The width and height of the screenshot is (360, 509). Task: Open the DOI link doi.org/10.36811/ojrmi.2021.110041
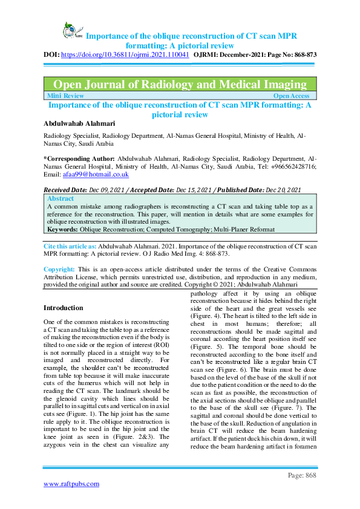pos(130,54)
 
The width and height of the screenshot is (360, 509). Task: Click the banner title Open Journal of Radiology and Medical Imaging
pos(180,85)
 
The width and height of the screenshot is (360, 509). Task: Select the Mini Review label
pos(66,96)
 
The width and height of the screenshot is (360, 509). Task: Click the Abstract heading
pos(61,198)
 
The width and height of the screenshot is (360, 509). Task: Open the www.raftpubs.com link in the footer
pos(71,484)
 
